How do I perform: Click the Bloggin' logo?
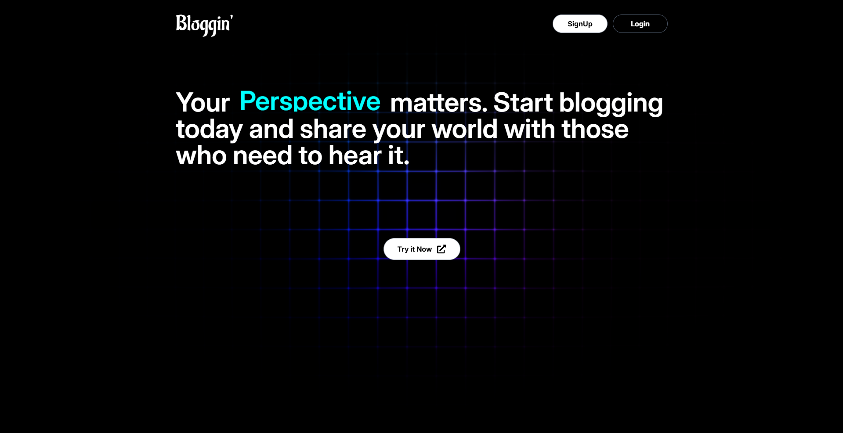click(204, 25)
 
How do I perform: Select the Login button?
click(640, 24)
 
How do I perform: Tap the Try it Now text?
click(415, 249)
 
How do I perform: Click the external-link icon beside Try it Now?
click(441, 249)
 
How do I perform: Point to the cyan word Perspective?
click(310, 102)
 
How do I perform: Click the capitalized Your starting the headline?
click(203, 103)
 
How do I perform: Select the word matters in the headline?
click(438, 103)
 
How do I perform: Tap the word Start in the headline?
click(523, 103)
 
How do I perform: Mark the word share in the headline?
click(333, 129)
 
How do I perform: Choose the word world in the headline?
click(465, 129)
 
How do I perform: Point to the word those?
click(595, 129)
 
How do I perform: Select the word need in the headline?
click(262, 155)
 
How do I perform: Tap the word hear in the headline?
click(355, 155)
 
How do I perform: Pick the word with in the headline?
click(530, 129)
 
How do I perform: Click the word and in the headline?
click(271, 129)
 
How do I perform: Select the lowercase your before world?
click(399, 131)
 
